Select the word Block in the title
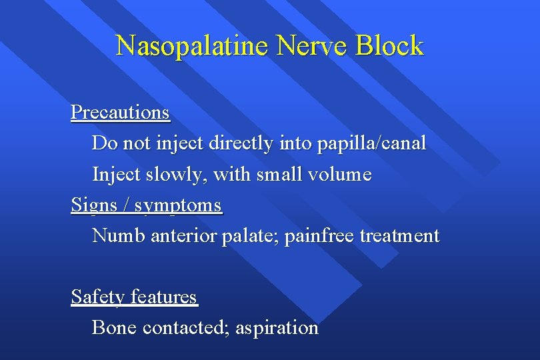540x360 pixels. pyautogui.click(x=389, y=46)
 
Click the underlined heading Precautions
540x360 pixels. pyautogui.click(x=121, y=112)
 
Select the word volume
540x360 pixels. pyautogui.click(x=339, y=175)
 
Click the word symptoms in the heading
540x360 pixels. pyautogui.click(x=178, y=206)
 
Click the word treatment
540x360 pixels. pyautogui.click(x=400, y=235)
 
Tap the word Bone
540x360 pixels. pyautogui.click(x=114, y=327)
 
